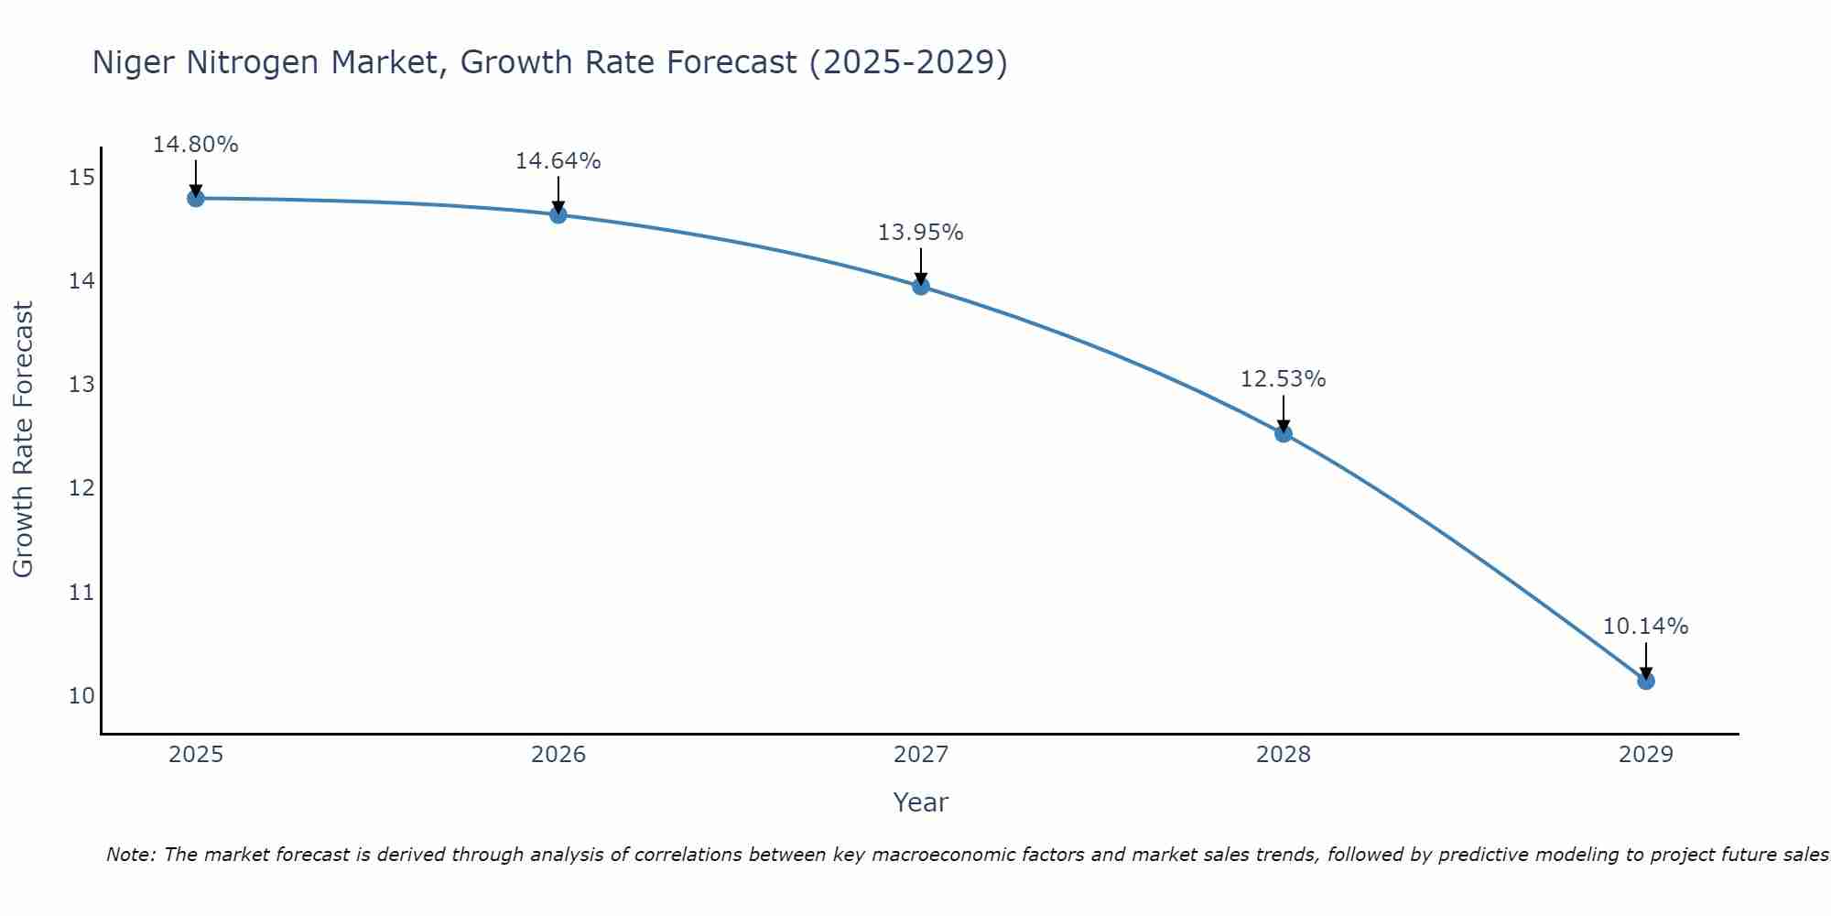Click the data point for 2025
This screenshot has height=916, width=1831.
pos(196,198)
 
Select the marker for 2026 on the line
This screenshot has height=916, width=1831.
pos(558,214)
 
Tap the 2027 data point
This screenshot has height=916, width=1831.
pos(921,286)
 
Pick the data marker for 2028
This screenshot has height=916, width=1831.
pos(1284,433)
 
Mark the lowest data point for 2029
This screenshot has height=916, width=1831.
pos(1645,681)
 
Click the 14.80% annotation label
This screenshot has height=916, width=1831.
pos(196,145)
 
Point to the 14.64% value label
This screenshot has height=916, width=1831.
pos(558,161)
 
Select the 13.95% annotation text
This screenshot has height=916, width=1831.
pos(921,233)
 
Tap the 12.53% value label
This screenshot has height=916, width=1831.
pos(1284,379)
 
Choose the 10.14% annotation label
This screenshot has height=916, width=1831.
pos(1645,627)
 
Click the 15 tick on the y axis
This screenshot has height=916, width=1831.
pos(81,177)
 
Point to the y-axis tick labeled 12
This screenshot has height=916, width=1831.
pos(81,488)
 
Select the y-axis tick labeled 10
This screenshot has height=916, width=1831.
pos(81,695)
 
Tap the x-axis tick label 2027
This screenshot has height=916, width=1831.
pos(921,755)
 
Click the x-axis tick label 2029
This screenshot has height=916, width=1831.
pos(1645,755)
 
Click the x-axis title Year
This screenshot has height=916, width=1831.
pos(921,802)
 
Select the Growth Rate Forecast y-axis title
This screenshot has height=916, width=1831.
pos(23,440)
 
